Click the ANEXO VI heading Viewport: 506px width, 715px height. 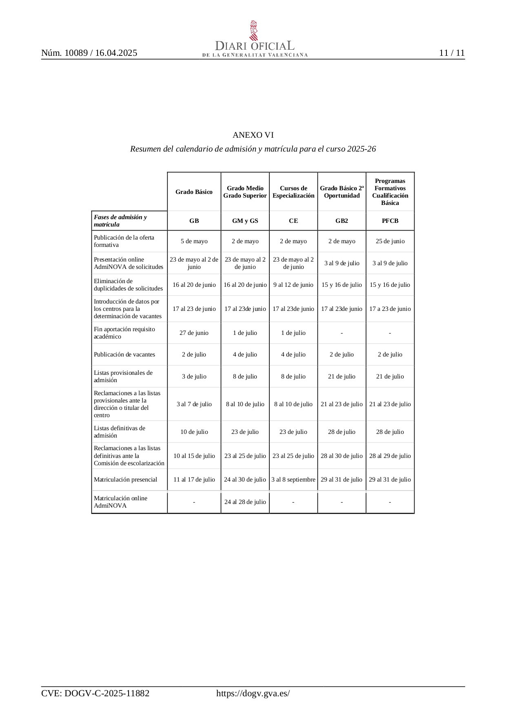(253, 135)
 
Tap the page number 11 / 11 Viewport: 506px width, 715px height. (452, 53)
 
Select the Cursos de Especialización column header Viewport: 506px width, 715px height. (293, 192)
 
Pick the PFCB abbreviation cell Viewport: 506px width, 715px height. (390, 221)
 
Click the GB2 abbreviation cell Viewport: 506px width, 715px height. (342, 221)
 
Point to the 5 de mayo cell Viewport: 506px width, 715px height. (194, 241)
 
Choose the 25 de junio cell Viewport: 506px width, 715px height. (390, 241)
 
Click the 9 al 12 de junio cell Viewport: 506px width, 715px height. (293, 285)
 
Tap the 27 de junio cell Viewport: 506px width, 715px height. (194, 333)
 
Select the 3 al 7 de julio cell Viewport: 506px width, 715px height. (194, 404)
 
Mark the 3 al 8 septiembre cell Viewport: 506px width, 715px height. (293, 480)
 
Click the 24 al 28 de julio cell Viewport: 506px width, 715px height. (245, 502)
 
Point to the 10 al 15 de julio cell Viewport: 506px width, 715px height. (194, 456)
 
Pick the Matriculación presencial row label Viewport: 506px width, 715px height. (125, 480)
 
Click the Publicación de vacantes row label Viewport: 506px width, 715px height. (124, 354)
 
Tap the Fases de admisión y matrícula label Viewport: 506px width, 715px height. (120, 221)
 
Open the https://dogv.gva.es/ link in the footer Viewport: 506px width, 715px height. (253, 693)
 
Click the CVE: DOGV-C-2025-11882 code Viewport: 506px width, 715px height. (95, 693)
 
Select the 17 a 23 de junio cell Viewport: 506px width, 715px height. (390, 309)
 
